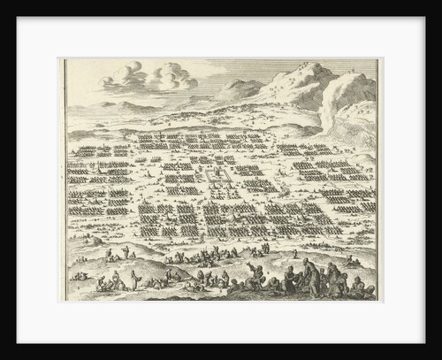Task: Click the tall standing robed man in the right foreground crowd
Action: [305, 269]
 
